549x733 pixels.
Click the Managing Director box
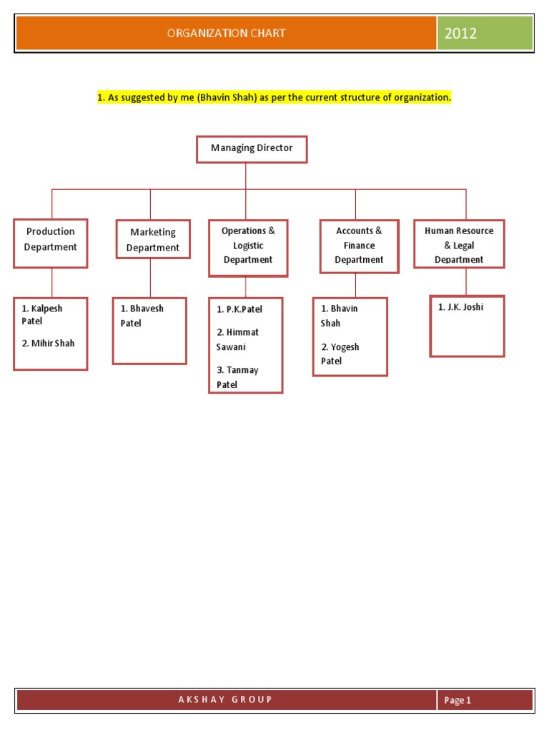252,149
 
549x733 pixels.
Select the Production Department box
50,243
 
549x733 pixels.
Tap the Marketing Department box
152,240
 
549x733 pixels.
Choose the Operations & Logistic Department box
248,248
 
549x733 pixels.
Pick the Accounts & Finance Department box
359,246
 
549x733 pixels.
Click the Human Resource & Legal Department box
459,243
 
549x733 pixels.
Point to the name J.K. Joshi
460,307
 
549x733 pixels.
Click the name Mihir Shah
48,344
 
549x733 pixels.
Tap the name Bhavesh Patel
142,316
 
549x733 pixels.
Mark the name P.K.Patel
239,309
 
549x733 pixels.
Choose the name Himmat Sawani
237,340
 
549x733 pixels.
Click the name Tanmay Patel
237,377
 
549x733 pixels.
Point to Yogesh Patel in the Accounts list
340,354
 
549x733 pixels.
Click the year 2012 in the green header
460,33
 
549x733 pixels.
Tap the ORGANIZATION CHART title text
226,33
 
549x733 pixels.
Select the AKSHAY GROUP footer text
225,699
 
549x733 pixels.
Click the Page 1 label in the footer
457,701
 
